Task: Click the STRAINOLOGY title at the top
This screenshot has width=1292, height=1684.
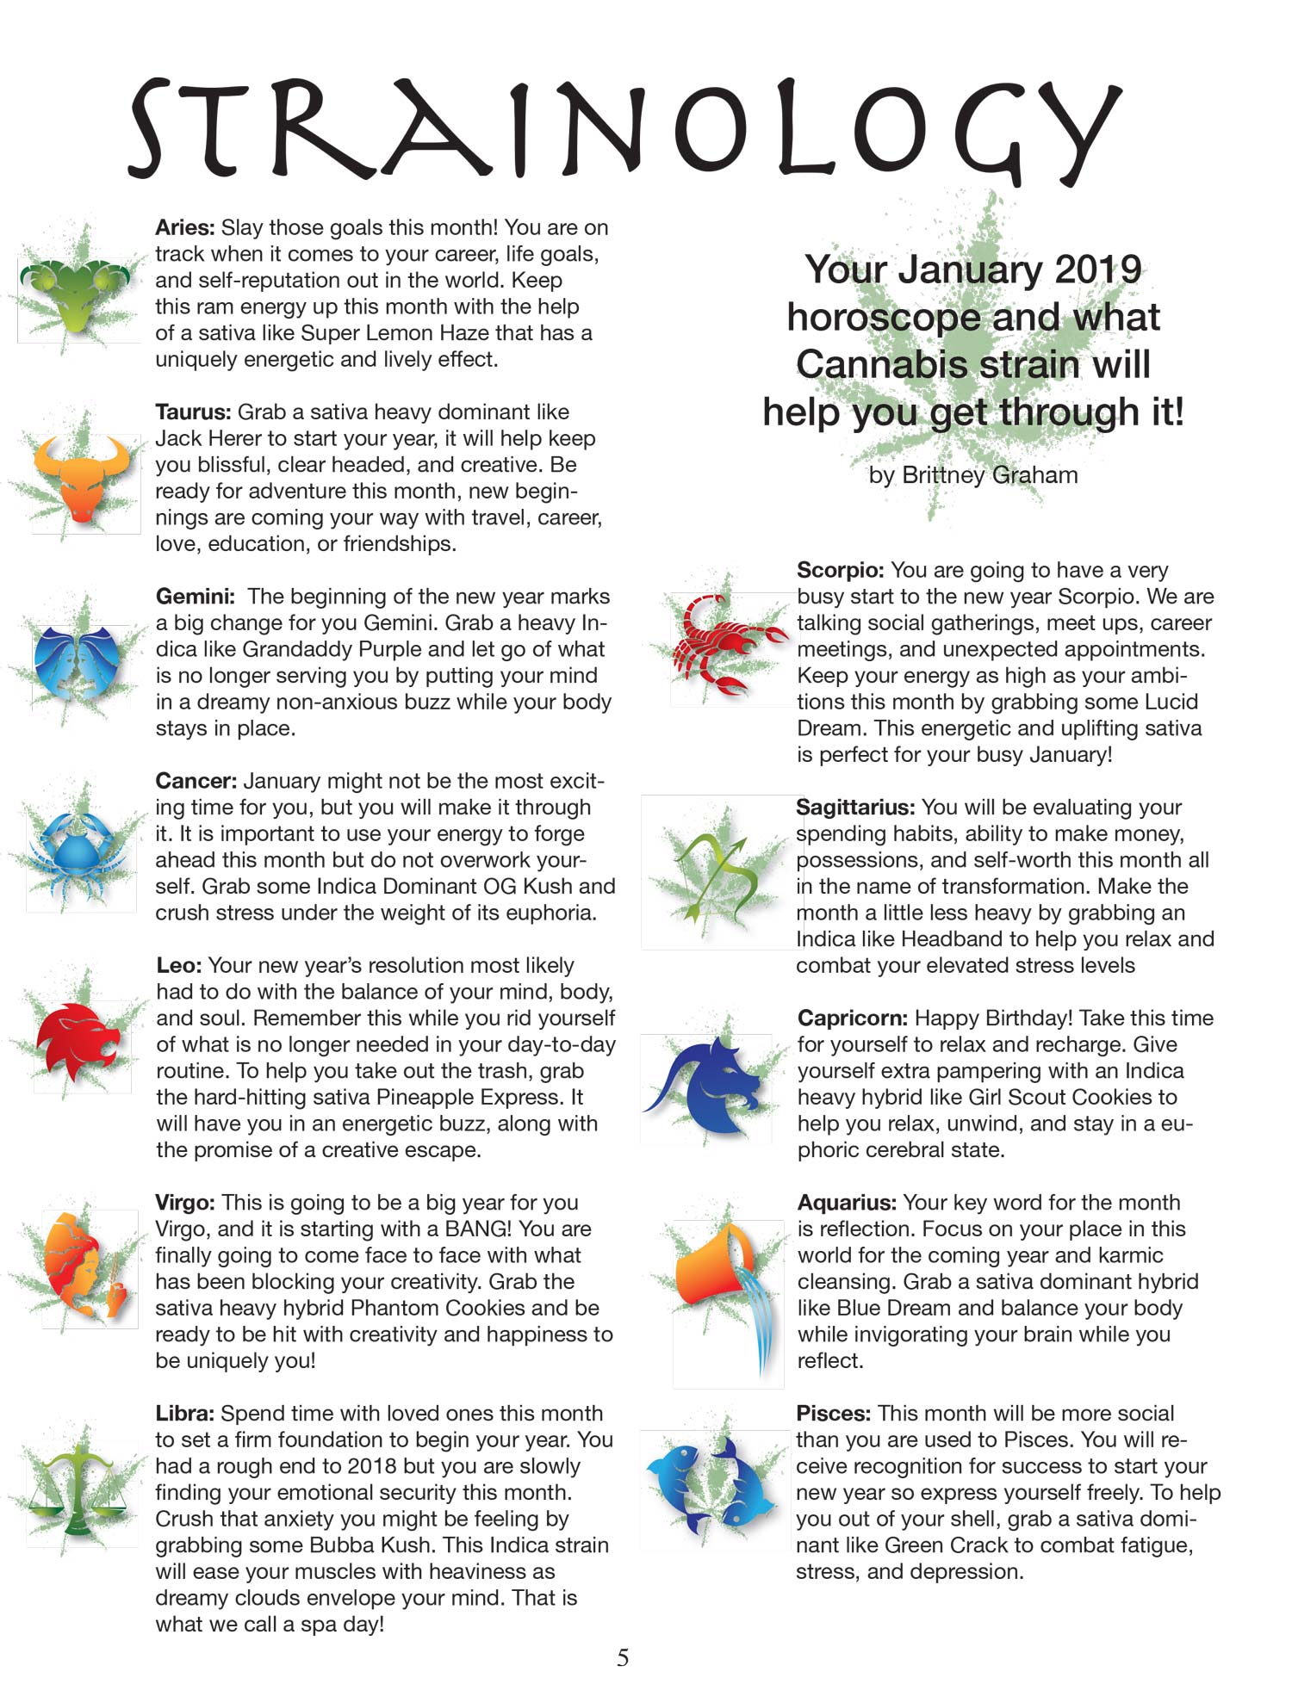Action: [x=624, y=129]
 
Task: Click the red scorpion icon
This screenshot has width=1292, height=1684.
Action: [x=728, y=646]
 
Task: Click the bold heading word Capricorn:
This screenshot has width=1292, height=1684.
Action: [x=852, y=1018]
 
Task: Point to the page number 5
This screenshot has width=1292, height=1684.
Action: [x=623, y=1657]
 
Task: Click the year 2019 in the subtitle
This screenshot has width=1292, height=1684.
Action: [x=1097, y=270]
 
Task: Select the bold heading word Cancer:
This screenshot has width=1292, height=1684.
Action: [x=196, y=781]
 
